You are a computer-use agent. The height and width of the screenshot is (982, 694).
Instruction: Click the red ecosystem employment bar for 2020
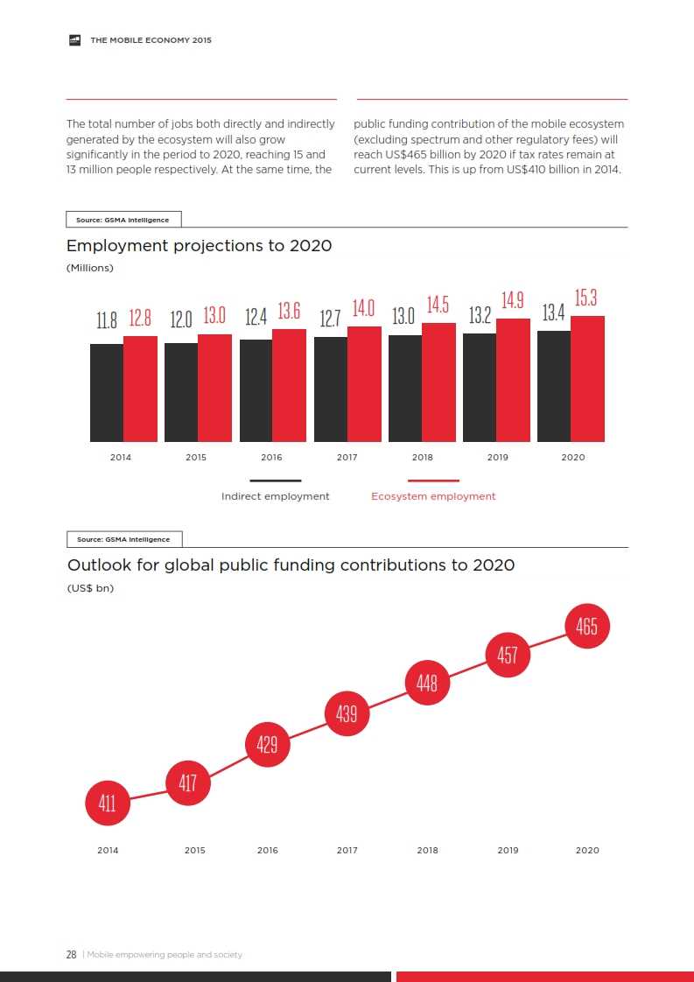coord(587,379)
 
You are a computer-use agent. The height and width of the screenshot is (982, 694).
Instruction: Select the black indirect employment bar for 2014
coord(107,393)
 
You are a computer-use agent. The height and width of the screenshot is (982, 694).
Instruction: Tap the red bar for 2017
coord(364,384)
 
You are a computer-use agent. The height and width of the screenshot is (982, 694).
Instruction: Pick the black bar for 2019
coord(480,388)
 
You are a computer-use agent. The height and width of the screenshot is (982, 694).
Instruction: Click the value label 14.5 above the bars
coord(438,305)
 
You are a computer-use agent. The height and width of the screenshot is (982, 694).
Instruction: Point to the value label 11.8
coord(107,320)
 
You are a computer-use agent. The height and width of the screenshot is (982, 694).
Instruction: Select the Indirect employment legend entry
coord(275,496)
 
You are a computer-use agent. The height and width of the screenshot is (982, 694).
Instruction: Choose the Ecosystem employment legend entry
coord(433,496)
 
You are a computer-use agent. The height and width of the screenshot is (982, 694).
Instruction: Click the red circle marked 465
coord(587,627)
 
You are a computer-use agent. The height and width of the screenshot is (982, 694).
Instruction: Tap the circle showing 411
coord(108,803)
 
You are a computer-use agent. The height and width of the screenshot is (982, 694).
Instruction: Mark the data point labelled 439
coord(347,714)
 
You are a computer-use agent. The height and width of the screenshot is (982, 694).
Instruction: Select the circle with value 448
coord(427,683)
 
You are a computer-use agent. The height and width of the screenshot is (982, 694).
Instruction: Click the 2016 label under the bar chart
coord(271,458)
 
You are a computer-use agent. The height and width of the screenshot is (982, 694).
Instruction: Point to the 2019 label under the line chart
coord(508,851)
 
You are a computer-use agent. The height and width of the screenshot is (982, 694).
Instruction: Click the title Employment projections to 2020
coord(199,246)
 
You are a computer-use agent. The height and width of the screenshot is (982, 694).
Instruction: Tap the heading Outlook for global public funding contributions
coord(291,565)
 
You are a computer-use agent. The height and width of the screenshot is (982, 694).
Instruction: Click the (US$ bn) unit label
coord(90,588)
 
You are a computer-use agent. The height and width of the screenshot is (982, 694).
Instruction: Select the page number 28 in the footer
coord(72,954)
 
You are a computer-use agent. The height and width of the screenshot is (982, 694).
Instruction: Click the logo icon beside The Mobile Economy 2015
coord(75,40)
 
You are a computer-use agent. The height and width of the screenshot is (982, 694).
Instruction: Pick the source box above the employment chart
coord(123,220)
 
